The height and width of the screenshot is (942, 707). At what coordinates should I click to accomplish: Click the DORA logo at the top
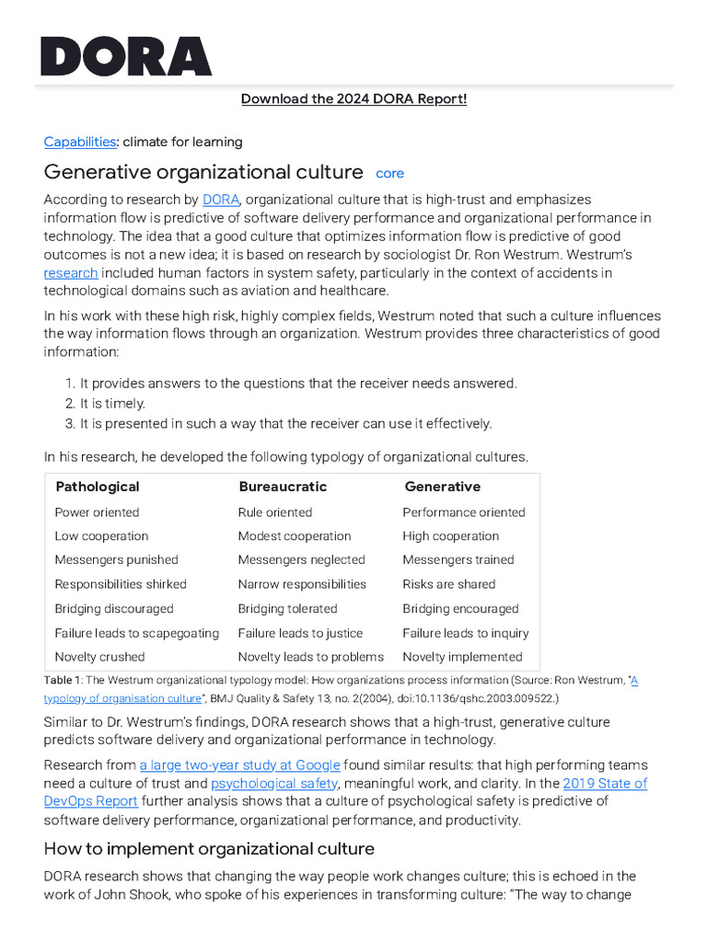click(x=126, y=56)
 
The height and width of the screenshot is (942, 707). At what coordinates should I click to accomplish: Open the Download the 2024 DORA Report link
click(x=353, y=98)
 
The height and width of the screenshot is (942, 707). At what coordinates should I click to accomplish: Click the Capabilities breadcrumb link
click(x=80, y=142)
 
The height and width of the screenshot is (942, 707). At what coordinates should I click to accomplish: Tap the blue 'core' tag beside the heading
click(x=390, y=173)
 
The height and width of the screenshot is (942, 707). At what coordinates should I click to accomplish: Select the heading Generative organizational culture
click(x=203, y=172)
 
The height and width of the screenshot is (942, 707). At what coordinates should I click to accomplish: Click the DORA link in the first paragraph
click(x=221, y=200)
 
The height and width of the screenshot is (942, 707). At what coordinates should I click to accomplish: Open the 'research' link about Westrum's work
click(x=71, y=273)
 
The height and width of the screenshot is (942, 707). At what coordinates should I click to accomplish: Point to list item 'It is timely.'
click(x=112, y=403)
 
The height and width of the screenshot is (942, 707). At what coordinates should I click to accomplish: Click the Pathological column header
click(x=98, y=487)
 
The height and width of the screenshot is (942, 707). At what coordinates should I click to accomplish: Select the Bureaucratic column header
click(x=283, y=487)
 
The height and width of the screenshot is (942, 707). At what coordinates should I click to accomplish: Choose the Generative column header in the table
click(x=443, y=487)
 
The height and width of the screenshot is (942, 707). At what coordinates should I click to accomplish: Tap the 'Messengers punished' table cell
click(x=117, y=559)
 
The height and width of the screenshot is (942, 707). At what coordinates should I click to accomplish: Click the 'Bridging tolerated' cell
click(x=287, y=608)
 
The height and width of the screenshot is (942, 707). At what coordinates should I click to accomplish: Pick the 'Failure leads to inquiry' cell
click(x=466, y=633)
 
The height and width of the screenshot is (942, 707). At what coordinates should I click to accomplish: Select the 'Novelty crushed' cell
click(x=99, y=657)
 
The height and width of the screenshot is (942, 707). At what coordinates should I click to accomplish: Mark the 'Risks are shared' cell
click(x=449, y=584)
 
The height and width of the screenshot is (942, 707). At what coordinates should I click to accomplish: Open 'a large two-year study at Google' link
click(x=240, y=765)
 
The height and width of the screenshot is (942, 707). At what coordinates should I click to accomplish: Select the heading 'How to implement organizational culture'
click(x=209, y=848)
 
